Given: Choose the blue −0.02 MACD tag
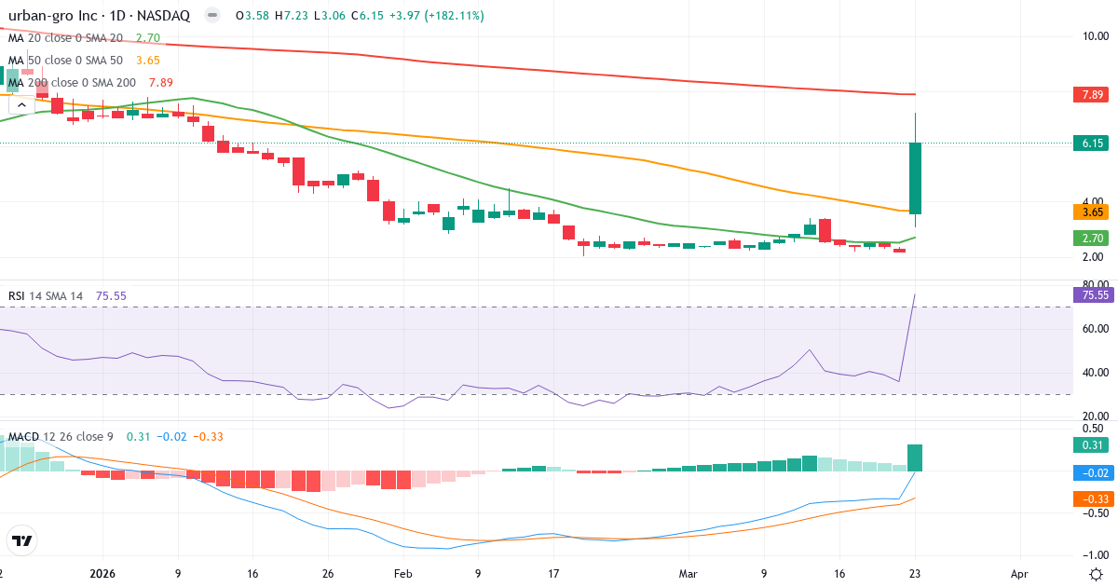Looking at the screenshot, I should [1091, 472].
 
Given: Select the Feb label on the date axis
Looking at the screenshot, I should [402, 574].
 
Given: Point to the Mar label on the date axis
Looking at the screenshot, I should [689, 574].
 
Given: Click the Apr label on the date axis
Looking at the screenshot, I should [1019, 574].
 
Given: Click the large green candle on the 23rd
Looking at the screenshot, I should [915, 178].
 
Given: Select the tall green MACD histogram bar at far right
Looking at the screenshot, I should [915, 457].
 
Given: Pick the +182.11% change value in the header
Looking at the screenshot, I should [453, 16].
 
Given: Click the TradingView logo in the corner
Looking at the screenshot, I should [22, 540].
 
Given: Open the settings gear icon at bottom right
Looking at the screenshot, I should [1097, 574].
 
